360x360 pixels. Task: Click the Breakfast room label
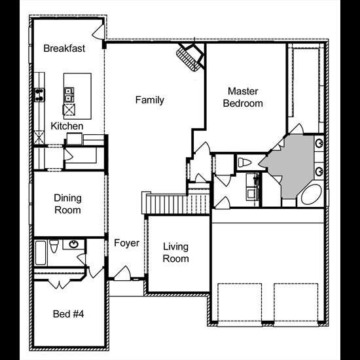point(64,48)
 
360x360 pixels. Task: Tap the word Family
point(150,100)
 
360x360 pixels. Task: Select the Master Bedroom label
point(243,98)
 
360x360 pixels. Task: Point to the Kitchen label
point(67,126)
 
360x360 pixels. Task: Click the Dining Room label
point(67,204)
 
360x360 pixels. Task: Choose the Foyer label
point(127,243)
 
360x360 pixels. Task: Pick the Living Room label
point(176,253)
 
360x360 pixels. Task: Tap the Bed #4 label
point(69,314)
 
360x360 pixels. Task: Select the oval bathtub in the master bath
point(312,194)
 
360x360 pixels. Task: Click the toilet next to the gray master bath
point(245,162)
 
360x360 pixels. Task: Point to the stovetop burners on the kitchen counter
point(39,95)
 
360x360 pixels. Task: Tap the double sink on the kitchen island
point(69,95)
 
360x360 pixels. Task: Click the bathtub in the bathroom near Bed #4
point(41,253)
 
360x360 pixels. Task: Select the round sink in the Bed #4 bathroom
point(74,244)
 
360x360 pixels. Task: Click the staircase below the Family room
point(176,203)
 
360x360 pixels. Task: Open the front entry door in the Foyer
point(122,273)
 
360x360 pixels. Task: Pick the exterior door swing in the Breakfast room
point(99,32)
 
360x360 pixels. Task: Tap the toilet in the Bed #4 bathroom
point(54,245)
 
